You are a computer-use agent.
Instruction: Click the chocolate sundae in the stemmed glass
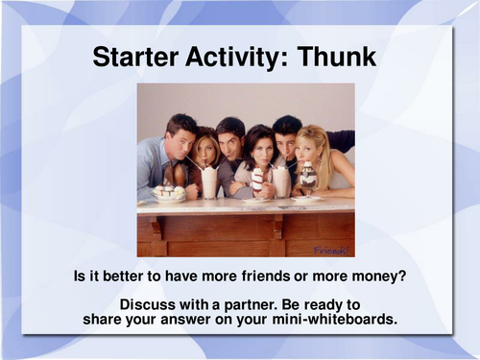click(308, 177)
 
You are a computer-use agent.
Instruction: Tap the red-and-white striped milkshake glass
click(257, 181)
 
